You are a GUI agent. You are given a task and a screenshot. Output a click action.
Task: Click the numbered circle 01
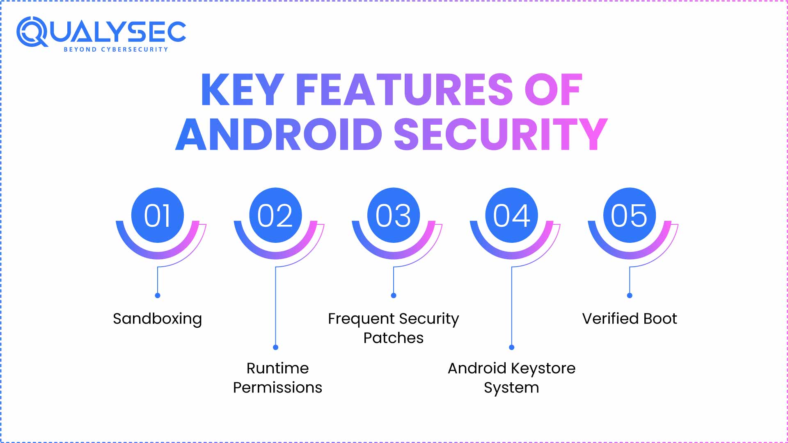[x=158, y=215]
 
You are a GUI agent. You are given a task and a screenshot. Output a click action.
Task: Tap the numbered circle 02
[x=275, y=215]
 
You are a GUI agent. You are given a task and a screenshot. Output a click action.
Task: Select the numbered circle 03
[x=394, y=215]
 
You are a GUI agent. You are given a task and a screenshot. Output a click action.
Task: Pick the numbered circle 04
[x=511, y=215]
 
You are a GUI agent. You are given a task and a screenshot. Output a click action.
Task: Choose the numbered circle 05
[x=630, y=215]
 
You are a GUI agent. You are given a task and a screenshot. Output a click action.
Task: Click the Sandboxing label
[x=158, y=319]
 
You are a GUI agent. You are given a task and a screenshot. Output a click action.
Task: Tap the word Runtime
[x=277, y=368]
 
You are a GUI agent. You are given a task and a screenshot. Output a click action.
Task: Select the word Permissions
[x=277, y=387]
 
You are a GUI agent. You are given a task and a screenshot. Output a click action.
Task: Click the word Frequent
[x=361, y=319]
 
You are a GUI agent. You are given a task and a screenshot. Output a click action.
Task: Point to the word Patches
[x=394, y=338]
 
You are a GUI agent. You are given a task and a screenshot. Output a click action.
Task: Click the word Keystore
[x=543, y=369]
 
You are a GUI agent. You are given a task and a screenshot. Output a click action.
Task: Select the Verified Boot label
[x=630, y=319]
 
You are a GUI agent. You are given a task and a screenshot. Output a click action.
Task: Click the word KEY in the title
[x=243, y=90]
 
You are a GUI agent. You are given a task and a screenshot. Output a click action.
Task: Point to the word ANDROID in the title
[x=279, y=134]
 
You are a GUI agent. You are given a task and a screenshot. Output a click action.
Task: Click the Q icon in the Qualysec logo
[x=32, y=32]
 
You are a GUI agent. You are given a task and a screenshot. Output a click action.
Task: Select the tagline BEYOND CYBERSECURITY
[x=116, y=50]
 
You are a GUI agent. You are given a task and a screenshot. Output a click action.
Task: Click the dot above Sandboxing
[x=158, y=295]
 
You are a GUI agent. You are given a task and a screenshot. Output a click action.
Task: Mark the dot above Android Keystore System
[x=511, y=347]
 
